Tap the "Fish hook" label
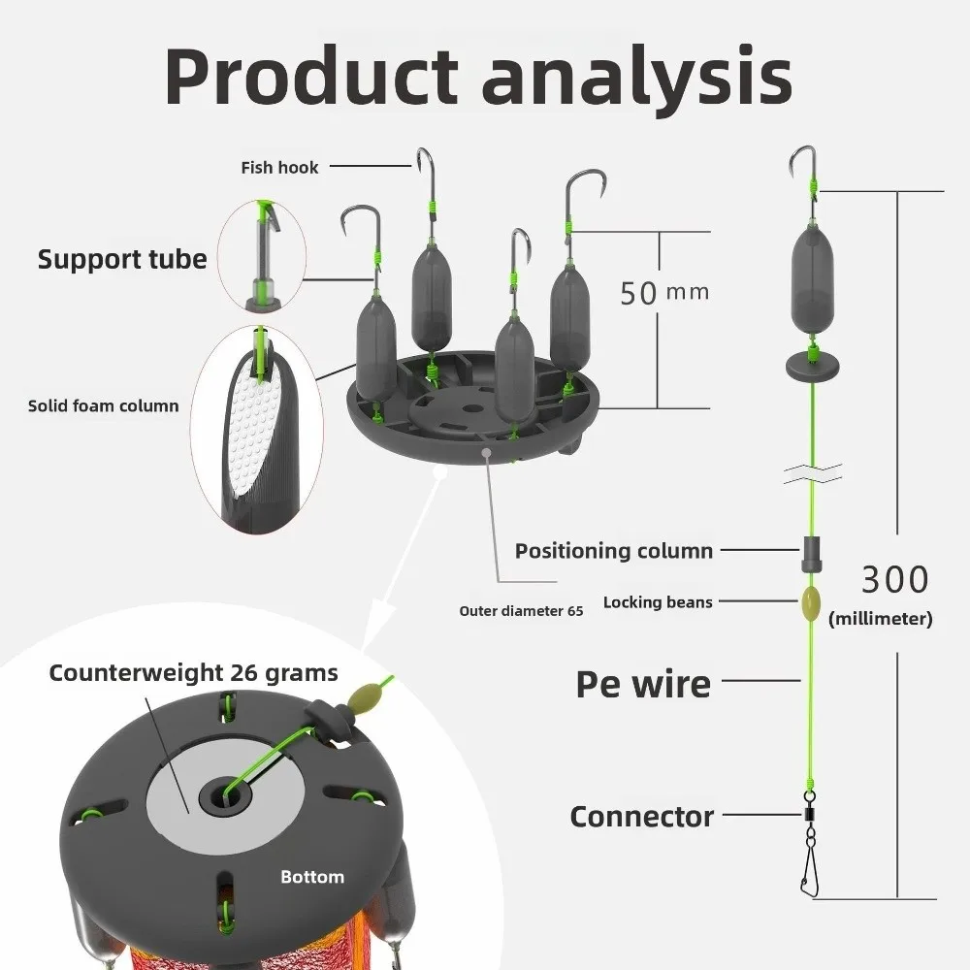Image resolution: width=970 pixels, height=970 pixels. [279, 168]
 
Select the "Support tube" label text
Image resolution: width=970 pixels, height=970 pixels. [122, 259]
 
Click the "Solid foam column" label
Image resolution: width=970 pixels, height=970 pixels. [103, 405]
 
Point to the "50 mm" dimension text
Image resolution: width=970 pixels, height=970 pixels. [664, 291]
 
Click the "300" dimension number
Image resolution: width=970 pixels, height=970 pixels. [894, 580]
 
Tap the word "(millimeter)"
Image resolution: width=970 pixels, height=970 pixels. [881, 619]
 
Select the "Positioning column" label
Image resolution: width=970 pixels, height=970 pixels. [614, 551]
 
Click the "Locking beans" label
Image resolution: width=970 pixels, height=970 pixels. [658, 602]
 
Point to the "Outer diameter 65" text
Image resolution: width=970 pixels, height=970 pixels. [521, 611]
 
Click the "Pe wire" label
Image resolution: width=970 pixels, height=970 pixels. [643, 684]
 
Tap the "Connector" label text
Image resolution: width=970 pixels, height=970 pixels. [642, 817]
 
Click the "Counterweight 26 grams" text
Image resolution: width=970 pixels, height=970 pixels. [194, 672]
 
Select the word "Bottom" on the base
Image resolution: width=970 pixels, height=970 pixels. [312, 877]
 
